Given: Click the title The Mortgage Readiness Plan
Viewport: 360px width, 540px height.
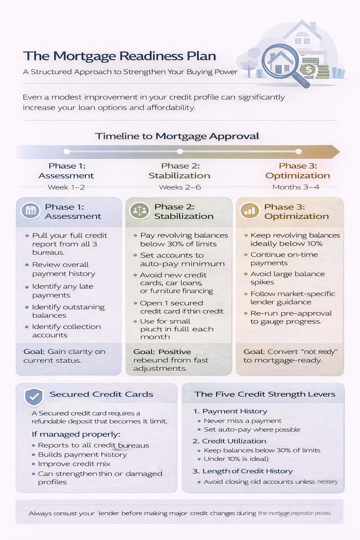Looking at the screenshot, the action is pyautogui.click(x=120, y=56).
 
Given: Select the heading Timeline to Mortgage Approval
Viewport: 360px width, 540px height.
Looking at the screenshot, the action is pyautogui.click(x=177, y=136).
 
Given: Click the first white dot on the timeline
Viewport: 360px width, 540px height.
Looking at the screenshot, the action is pyautogui.click(x=66, y=152).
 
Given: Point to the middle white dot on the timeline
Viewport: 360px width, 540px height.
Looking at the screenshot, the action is pyautogui.click(x=180, y=152).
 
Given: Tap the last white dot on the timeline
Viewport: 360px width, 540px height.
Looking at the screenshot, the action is pyautogui.click(x=298, y=152).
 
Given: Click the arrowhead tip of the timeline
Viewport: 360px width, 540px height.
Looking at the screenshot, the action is pyautogui.click(x=338, y=152).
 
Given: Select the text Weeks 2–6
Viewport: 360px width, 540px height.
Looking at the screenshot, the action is pyautogui.click(x=180, y=187).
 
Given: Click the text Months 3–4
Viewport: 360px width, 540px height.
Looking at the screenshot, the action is pyautogui.click(x=296, y=187).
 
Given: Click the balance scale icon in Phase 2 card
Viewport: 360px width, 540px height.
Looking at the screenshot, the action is pyautogui.click(x=140, y=211).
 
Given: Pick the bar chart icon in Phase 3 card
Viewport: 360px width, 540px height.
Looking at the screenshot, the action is pyautogui.click(x=249, y=211).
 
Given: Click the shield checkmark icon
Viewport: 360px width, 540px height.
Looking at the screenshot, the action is pyautogui.click(x=33, y=397).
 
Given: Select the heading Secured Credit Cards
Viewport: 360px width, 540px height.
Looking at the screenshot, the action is pyautogui.click(x=101, y=394).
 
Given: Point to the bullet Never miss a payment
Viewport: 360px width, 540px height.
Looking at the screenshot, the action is pyautogui.click(x=243, y=421).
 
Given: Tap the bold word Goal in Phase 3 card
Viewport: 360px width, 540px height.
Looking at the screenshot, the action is pyautogui.click(x=254, y=352).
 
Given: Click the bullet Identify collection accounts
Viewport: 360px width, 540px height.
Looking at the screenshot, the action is pyautogui.click(x=66, y=331).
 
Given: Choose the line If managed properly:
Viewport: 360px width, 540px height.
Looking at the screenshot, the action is pyautogui.click(x=76, y=434).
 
